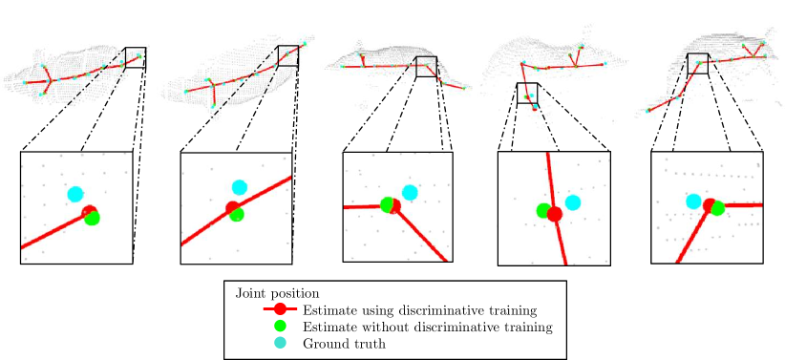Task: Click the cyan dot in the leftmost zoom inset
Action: coord(75,195)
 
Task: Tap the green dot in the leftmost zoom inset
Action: coord(93,218)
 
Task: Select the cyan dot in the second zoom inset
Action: coord(239,188)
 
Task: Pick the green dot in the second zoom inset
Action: coord(237,215)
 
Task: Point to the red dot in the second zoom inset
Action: coord(231,208)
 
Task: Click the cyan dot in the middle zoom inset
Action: coord(410,192)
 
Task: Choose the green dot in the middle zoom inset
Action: coord(387,204)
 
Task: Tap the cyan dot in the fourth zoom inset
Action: coord(572,202)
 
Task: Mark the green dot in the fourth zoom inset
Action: coord(543,210)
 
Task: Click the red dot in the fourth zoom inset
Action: coord(554,214)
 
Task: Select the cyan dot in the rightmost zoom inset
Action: coord(694,201)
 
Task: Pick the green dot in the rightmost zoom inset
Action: coord(717,207)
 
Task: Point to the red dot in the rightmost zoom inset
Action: coord(710,204)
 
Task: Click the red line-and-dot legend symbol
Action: coord(280,308)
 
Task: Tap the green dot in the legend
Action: coord(280,326)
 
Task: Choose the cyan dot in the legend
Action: coord(280,342)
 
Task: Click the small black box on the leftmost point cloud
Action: coord(135,58)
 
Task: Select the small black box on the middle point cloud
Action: coord(426,67)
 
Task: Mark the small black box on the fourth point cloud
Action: coord(527,93)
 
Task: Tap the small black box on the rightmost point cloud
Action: coord(698,63)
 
